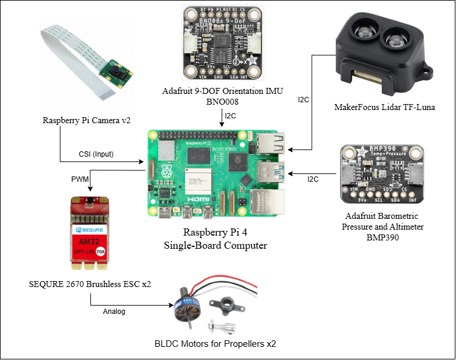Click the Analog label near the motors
click(x=115, y=312)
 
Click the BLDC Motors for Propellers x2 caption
click(x=215, y=344)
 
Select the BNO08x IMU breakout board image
click(x=223, y=44)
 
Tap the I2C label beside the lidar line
click(x=303, y=99)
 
